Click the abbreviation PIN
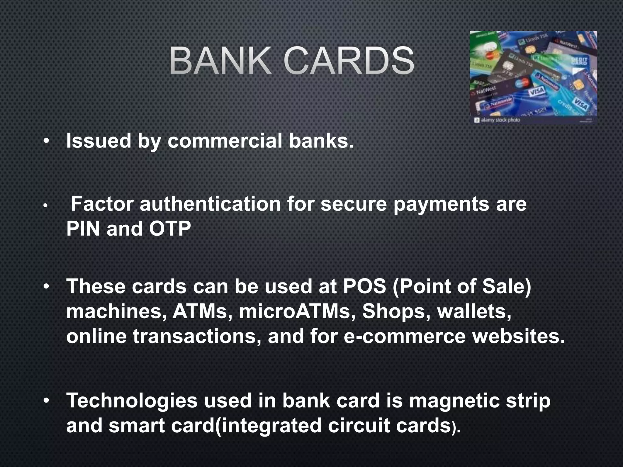[83, 229]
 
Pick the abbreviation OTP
[170, 229]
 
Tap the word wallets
[474, 311]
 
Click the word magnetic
[454, 400]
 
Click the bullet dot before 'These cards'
[46, 286]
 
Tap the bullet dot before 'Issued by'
[46, 141]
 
